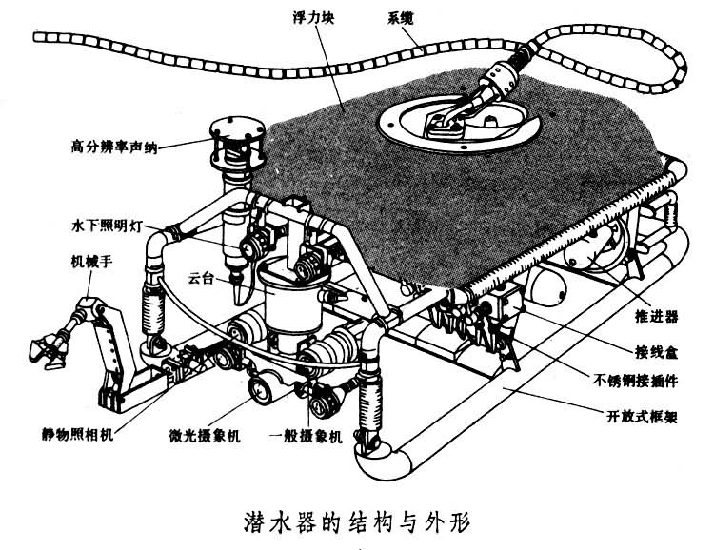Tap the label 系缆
point(402,15)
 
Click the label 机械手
point(92,259)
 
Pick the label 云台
point(201,279)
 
